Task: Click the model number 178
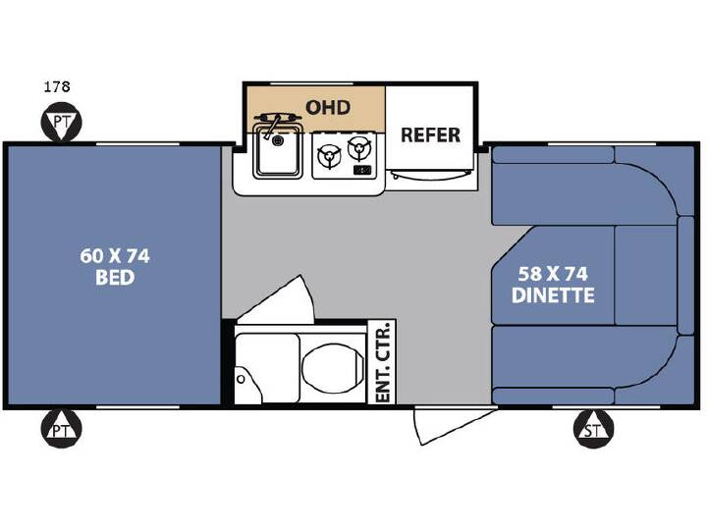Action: (57, 86)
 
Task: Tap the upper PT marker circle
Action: (62, 122)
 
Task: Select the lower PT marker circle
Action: (62, 430)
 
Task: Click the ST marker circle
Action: (593, 430)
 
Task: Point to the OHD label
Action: (328, 108)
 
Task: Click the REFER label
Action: (431, 135)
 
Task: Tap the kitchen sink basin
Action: (278, 151)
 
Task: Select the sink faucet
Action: (274, 123)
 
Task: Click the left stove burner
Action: (329, 156)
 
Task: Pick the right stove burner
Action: (359, 148)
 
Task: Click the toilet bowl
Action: (333, 368)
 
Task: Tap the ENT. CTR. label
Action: (382, 362)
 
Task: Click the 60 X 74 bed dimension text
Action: (115, 256)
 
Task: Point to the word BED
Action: (115, 277)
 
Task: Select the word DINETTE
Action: (553, 295)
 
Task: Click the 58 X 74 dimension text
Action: (553, 274)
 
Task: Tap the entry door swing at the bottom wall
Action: (453, 424)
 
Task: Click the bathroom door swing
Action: (276, 299)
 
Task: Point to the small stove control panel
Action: (362, 170)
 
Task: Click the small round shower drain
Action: (242, 379)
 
